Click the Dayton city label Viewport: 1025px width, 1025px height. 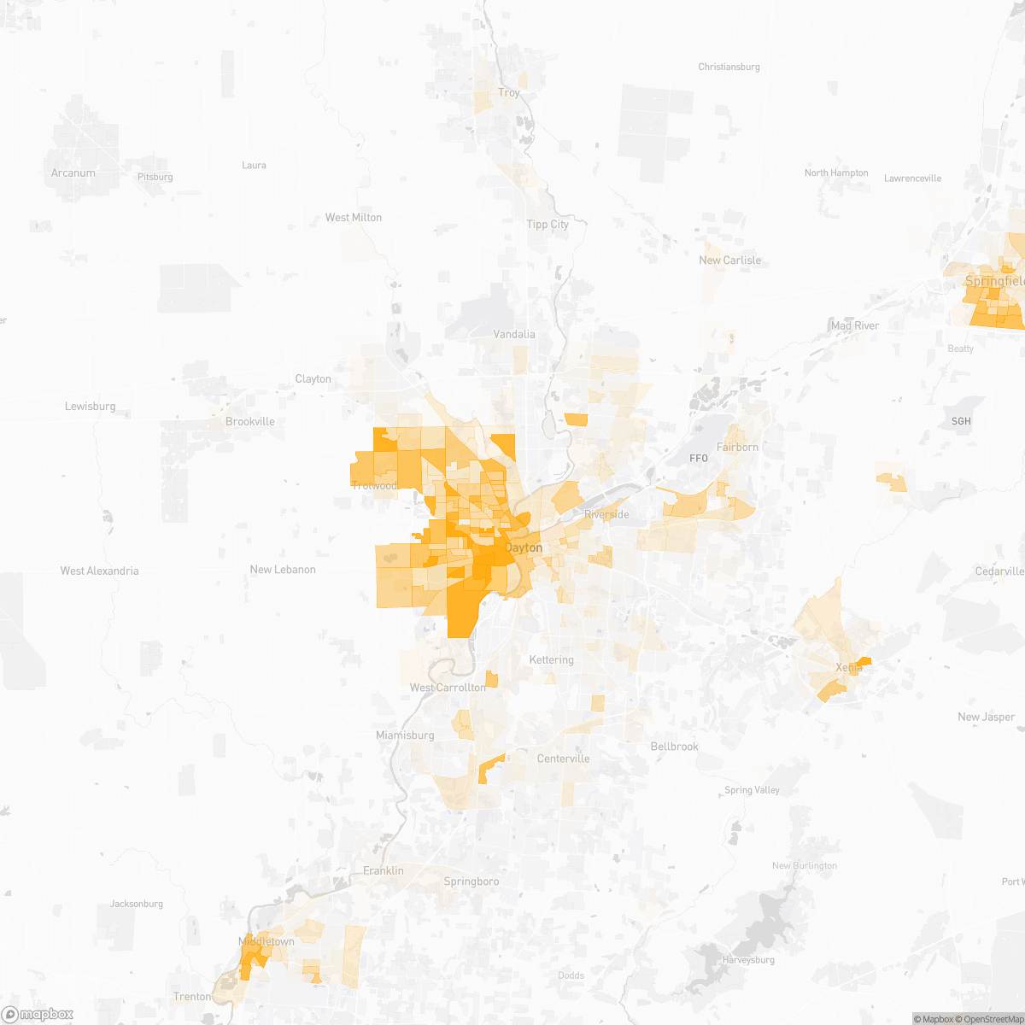tap(524, 548)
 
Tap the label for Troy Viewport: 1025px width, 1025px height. tap(509, 92)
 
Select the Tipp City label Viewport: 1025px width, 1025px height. tap(548, 224)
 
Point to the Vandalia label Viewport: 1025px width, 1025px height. tap(514, 334)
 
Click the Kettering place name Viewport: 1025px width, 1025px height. tap(551, 659)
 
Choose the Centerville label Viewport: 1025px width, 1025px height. tap(563, 758)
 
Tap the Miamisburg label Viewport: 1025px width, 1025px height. tap(405, 735)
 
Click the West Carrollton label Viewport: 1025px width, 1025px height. tap(448, 687)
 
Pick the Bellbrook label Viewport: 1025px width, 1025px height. tap(674, 747)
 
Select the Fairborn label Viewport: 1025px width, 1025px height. tap(737, 447)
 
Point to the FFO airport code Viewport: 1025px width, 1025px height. tap(699, 459)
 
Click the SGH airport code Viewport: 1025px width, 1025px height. tap(961, 421)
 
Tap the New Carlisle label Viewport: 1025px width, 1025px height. tap(729, 260)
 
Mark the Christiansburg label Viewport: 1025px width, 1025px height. tap(729, 67)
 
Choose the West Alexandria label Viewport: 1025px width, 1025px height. tap(99, 571)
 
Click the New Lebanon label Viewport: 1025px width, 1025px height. tap(283, 569)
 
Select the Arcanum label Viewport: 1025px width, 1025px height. tap(73, 173)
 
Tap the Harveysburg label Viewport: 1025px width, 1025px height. tap(748, 960)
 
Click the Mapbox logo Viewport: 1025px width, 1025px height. tap(38, 1014)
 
